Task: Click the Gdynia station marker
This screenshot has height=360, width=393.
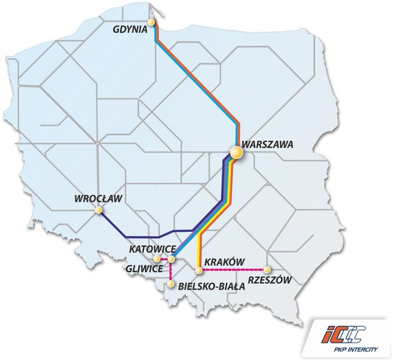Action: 152,23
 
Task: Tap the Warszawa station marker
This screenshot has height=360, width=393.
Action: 235,152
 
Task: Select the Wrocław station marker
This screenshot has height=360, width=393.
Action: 99,211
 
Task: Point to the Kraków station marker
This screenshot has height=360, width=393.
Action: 198,270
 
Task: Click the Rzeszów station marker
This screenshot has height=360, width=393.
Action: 267,270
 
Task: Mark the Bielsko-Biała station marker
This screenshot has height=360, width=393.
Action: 171,284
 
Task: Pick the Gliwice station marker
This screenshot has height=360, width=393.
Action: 158,258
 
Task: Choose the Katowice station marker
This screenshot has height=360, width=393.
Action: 171,258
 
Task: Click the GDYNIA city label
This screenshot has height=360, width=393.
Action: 130,30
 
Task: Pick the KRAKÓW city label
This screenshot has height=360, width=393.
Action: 225,261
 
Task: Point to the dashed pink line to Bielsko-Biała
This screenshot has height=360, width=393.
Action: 171,272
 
